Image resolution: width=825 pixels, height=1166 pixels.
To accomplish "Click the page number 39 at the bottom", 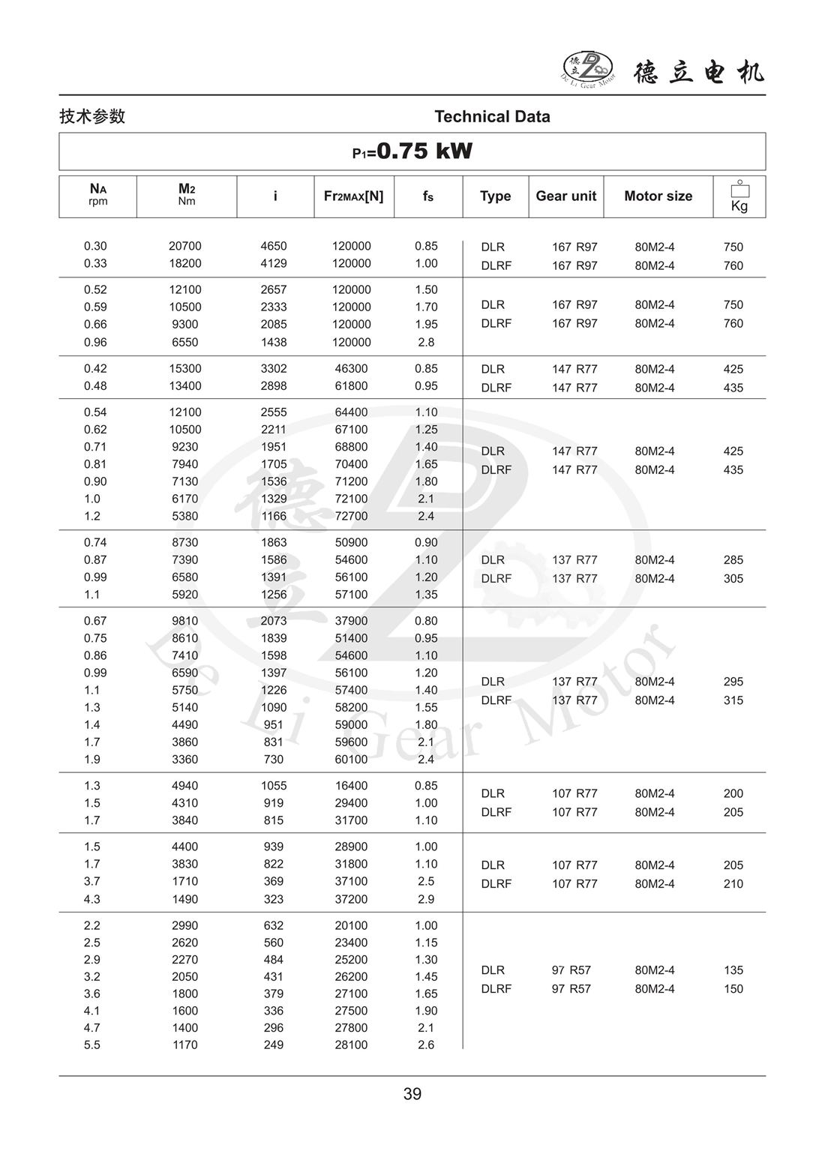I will click(x=412, y=1094).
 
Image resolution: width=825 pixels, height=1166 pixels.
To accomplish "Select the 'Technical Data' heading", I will click(x=492, y=117).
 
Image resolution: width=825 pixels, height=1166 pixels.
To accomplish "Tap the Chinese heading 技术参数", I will click(x=92, y=116).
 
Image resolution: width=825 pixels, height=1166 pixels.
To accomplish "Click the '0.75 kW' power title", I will click(x=424, y=151).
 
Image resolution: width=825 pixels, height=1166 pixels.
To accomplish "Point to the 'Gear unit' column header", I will click(x=565, y=196).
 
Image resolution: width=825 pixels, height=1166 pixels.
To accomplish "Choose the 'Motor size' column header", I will click(x=658, y=196).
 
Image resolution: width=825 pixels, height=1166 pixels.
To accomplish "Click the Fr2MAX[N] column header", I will click(x=353, y=196).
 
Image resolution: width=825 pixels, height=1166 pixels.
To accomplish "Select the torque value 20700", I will click(x=184, y=246).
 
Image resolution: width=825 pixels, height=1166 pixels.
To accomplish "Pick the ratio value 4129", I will click(x=274, y=263).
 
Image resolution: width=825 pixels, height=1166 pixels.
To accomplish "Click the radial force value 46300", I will click(x=351, y=369).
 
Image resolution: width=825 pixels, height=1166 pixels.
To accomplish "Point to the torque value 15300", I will click(x=184, y=369).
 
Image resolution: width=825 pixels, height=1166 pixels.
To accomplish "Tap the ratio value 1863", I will click(x=274, y=542).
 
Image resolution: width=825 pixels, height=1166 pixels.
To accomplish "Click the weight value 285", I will click(x=733, y=560).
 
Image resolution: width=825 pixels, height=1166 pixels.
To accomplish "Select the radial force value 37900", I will click(x=351, y=621).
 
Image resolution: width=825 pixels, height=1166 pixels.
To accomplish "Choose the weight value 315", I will click(x=733, y=700).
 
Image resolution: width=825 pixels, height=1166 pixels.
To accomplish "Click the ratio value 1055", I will click(x=274, y=786).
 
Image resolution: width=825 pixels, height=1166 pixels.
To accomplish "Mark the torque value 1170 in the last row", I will click(x=184, y=1045).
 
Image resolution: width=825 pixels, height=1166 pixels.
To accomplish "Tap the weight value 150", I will click(x=733, y=989).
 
